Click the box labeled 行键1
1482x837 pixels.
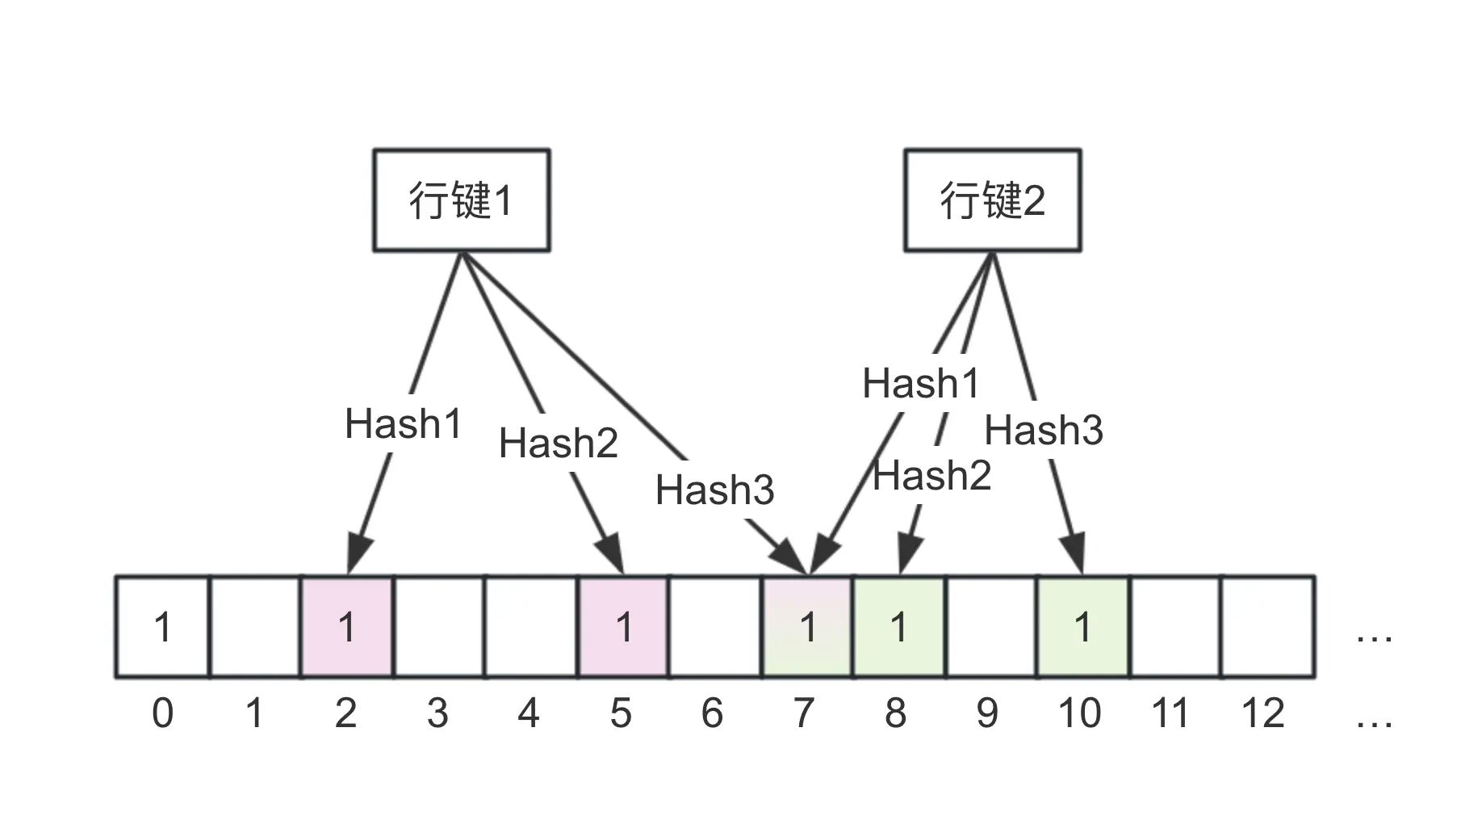[x=461, y=200]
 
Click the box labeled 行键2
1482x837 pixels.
[x=992, y=200]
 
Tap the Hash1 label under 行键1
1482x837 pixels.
[x=403, y=423]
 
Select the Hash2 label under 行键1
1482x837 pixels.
[x=559, y=443]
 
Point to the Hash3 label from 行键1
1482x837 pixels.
[x=714, y=490]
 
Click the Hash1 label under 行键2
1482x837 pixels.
[x=920, y=383]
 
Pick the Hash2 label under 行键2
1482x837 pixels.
[x=932, y=475]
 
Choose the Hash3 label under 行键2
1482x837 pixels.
[x=1044, y=430]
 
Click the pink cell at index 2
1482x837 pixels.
[x=347, y=627]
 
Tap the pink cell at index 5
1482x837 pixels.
[x=623, y=627]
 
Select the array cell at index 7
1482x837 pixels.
[x=807, y=627]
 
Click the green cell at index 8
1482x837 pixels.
[x=898, y=627]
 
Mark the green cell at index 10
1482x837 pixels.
[x=1082, y=627]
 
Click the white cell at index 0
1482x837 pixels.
[x=162, y=627]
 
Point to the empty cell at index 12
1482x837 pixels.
[x=1267, y=627]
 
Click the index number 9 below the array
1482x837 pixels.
[x=987, y=713]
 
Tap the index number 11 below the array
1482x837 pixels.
[x=1170, y=713]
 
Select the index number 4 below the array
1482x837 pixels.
[x=529, y=713]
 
